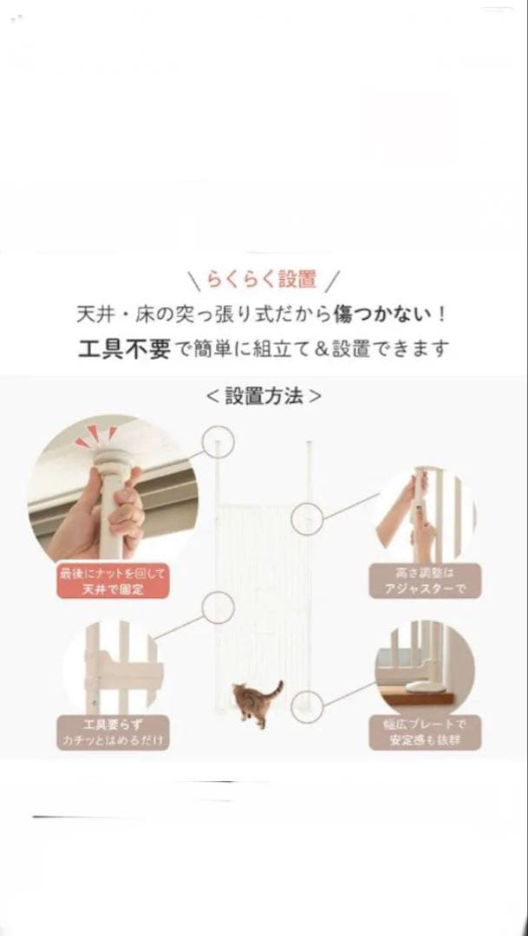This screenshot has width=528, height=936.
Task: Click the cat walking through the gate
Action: pos(251,702)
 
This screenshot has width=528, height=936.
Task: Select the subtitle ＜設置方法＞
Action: pos(264,397)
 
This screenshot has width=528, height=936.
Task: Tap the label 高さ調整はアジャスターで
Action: pos(424,581)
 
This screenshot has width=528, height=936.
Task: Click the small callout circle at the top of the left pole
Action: pos(218,441)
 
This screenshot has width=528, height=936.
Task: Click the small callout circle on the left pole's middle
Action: pos(218,608)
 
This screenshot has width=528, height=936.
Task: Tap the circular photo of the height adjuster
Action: pos(424,516)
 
